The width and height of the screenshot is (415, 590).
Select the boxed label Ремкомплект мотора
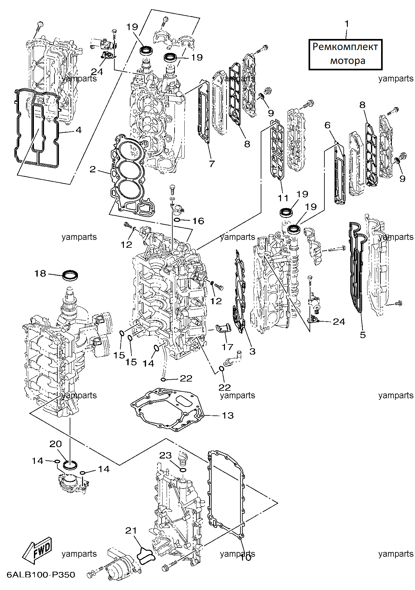(x=345, y=54)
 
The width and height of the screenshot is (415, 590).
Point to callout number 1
(x=347, y=24)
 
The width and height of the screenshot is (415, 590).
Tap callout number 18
(x=40, y=273)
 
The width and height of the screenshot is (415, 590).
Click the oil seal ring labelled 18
(x=70, y=275)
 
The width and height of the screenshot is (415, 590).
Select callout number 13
(x=228, y=415)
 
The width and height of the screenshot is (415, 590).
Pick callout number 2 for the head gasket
(x=93, y=169)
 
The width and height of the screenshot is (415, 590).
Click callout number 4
(x=78, y=130)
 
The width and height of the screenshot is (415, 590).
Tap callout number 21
(x=131, y=530)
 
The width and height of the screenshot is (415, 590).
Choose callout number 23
(x=165, y=455)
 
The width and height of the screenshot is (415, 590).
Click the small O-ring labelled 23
(x=183, y=469)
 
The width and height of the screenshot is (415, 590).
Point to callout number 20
(x=56, y=444)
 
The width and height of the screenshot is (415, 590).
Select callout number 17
(x=227, y=347)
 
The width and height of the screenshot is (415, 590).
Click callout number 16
(x=198, y=221)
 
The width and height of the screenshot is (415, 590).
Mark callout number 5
(x=363, y=335)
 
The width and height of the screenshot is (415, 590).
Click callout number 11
(x=283, y=198)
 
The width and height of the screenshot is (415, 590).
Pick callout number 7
(x=212, y=164)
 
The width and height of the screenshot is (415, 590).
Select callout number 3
(x=252, y=351)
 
